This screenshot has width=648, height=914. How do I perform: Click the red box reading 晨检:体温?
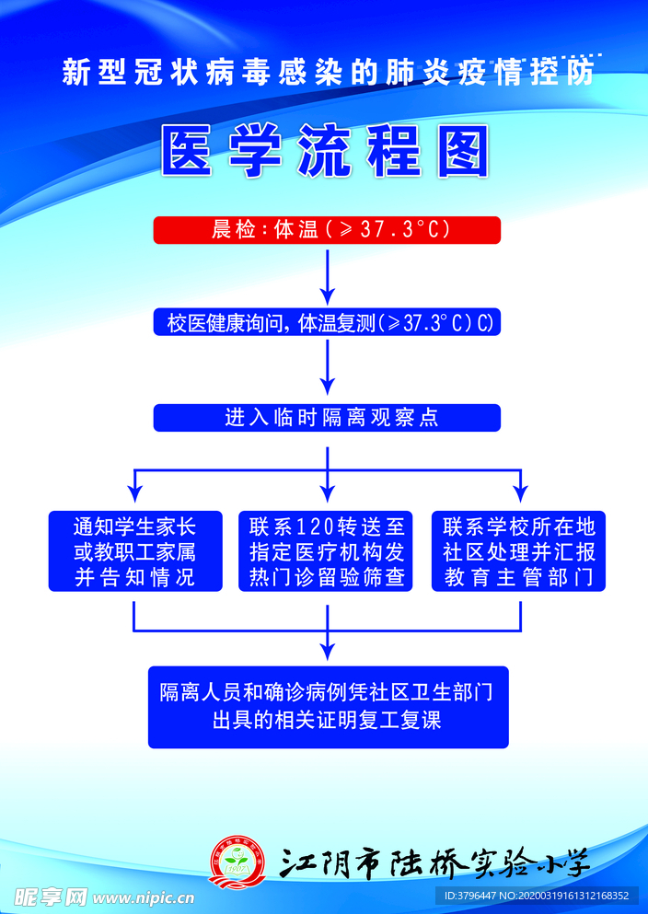[x=327, y=229]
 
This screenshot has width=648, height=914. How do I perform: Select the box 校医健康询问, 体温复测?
[x=327, y=322]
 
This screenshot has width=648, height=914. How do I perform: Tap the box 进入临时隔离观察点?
[x=327, y=417]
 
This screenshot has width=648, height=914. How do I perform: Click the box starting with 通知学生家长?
[x=135, y=551]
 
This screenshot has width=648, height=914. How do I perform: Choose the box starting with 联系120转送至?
[x=327, y=551]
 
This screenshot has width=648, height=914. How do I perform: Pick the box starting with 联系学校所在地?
[x=519, y=551]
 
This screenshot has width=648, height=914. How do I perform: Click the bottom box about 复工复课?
[x=328, y=706]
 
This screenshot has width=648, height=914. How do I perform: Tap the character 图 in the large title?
[x=461, y=151]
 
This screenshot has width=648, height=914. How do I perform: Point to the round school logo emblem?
[x=237, y=861]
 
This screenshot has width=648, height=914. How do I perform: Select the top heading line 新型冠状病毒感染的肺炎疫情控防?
[x=327, y=73]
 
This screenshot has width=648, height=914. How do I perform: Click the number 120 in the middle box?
[x=317, y=526]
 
